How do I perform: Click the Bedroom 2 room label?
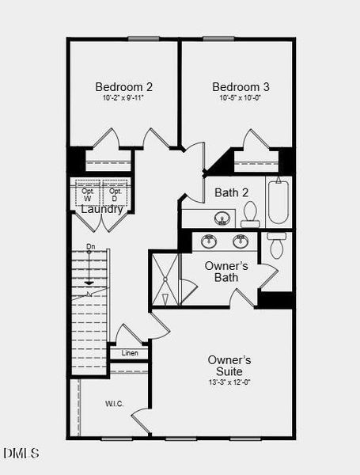[124, 87]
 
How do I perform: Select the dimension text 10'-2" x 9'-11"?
[124, 98]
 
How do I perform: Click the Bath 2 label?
[232, 192]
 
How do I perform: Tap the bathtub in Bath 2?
[279, 203]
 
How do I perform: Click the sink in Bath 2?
[222, 218]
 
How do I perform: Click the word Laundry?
[102, 210]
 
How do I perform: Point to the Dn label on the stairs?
[91, 246]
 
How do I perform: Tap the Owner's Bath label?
[226, 272]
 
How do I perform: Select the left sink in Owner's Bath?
[210, 241]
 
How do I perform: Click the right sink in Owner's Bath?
[240, 241]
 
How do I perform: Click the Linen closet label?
[129, 352]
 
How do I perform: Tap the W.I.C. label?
[115, 404]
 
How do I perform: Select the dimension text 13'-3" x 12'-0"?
[229, 382]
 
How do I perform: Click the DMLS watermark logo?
[21, 454]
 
